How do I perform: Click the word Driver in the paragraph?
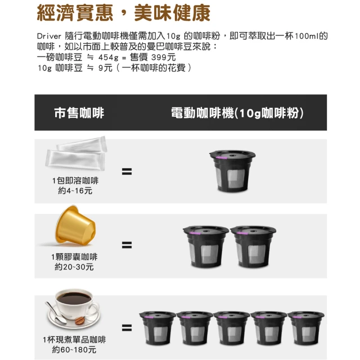[49, 36]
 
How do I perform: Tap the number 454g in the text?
[109, 57]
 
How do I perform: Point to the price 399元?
[164, 57]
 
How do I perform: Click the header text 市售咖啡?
[79, 112]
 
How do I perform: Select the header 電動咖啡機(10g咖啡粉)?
[237, 112]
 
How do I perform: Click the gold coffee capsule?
[75, 224]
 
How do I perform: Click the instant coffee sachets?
[76, 153]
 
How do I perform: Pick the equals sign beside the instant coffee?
[127, 172]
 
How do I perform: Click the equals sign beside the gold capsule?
[127, 245]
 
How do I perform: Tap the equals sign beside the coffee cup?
[127, 327]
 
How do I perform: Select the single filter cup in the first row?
[232, 171]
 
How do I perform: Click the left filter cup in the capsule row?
[206, 247]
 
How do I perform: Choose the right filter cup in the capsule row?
[253, 247]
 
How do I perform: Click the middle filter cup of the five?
[232, 328]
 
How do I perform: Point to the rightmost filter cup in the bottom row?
[306, 328]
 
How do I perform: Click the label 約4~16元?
[75, 191]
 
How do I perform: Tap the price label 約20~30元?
[74, 267]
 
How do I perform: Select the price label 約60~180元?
[74, 350]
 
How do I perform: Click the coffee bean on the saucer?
[80, 320]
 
